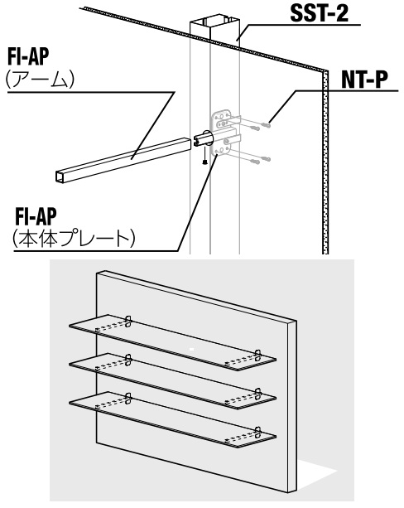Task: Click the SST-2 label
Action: point(320,13)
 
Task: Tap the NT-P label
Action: point(364,80)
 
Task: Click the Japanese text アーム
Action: point(40,80)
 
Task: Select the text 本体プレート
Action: point(74,238)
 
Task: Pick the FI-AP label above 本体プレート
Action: point(36,216)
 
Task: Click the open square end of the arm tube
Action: point(60,177)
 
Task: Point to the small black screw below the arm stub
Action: point(204,162)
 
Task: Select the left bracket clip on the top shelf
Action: point(128,321)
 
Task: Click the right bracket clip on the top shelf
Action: point(257,355)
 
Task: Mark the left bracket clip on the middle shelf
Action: point(128,360)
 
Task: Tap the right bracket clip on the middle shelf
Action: point(257,394)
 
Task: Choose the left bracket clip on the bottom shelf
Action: point(128,398)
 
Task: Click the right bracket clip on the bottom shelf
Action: point(257,432)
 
